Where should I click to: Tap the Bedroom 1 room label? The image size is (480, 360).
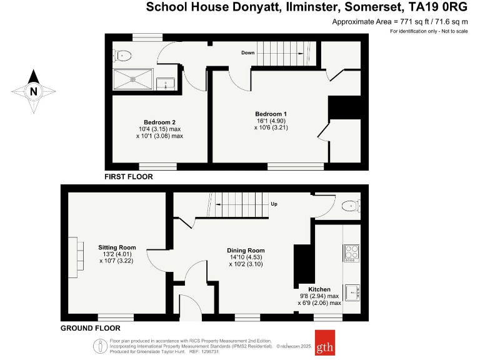[x=272, y=114]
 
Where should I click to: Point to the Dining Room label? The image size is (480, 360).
[x=245, y=250]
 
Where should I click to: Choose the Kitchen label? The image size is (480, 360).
[x=319, y=289]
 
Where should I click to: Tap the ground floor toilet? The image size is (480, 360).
[x=351, y=205]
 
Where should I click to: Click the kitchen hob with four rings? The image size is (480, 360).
[x=351, y=252]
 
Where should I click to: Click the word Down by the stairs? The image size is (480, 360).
[x=247, y=52]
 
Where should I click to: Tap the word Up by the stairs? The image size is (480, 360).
[x=274, y=204]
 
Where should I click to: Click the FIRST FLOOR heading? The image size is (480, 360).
[x=129, y=177]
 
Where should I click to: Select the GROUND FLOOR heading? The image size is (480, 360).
[x=90, y=328]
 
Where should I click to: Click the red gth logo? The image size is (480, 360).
[x=324, y=342]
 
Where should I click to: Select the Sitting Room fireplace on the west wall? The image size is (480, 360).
[x=77, y=257]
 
